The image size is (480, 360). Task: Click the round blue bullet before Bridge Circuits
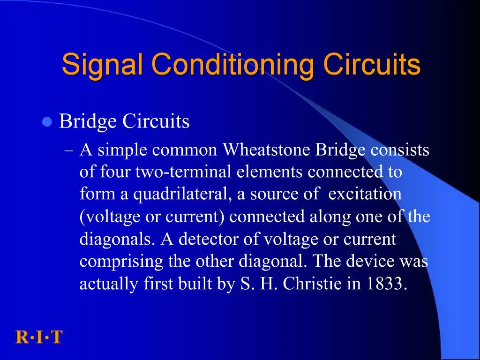(x=46, y=122)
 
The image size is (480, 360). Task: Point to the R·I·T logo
(x=39, y=337)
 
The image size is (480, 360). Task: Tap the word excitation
(x=365, y=195)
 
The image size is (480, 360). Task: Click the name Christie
(x=313, y=284)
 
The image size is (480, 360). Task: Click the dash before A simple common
(x=69, y=151)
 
